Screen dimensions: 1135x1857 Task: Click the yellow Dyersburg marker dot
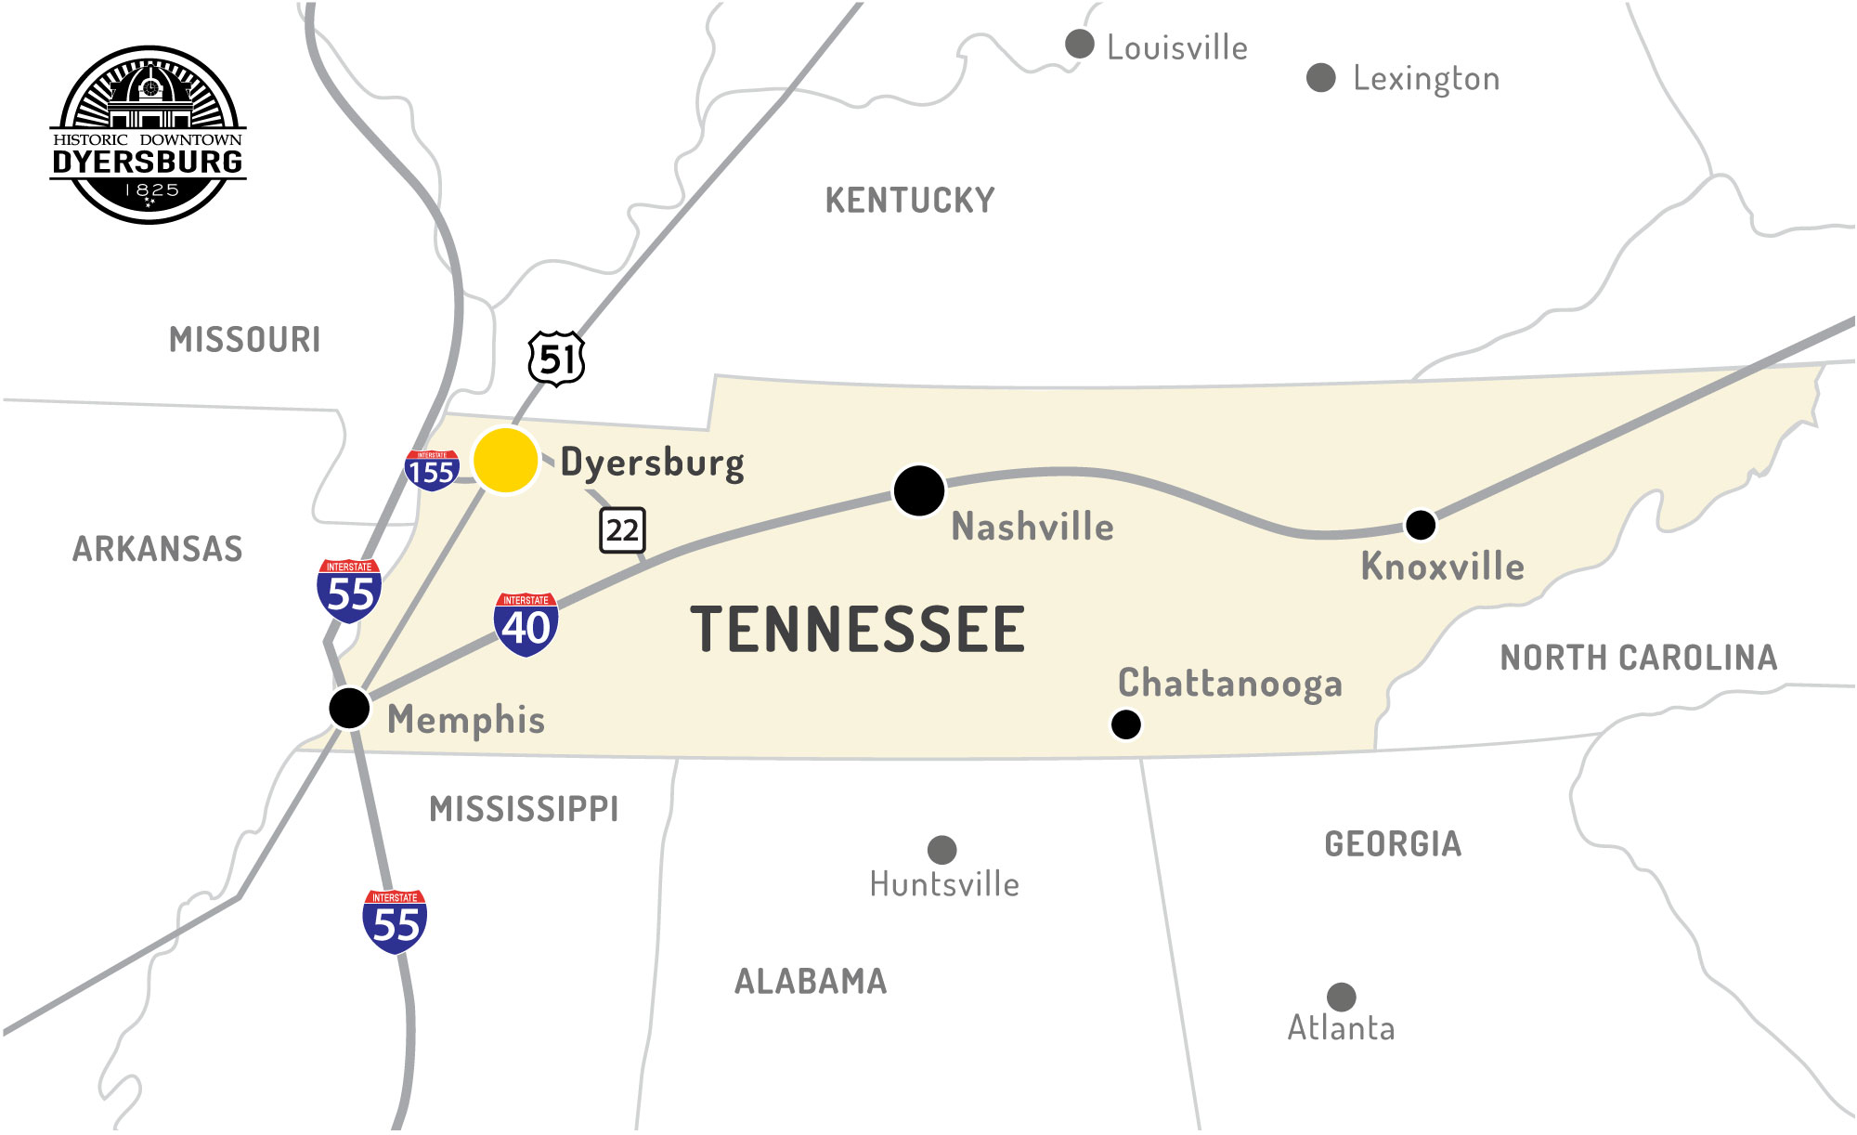click(x=505, y=460)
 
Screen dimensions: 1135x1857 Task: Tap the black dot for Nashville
click(x=918, y=490)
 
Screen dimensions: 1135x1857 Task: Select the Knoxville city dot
click(x=1420, y=525)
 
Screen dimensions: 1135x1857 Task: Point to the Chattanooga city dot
click(x=1125, y=724)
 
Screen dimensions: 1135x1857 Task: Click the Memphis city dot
click(x=349, y=708)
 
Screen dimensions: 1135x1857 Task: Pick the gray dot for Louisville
click(x=1079, y=44)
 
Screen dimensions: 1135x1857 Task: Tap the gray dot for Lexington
click(x=1320, y=78)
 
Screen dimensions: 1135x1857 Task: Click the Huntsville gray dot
click(x=941, y=849)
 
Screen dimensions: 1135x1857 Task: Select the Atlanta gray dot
click(x=1341, y=997)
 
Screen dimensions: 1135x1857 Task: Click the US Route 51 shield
click(x=556, y=359)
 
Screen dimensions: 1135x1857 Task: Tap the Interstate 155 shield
click(x=432, y=470)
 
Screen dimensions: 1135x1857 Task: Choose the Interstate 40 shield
click(x=526, y=624)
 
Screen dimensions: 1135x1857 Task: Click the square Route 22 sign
click(x=622, y=530)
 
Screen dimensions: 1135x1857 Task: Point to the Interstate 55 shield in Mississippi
click(x=395, y=921)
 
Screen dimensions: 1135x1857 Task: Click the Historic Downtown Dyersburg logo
click(x=149, y=135)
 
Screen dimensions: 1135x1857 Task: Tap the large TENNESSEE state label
click(x=857, y=630)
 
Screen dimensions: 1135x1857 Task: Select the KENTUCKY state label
click(x=910, y=201)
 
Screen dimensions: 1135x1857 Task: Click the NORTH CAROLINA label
click(x=1639, y=658)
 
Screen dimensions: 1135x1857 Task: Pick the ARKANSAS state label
click(x=158, y=549)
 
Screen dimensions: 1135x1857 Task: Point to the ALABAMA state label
click(x=811, y=982)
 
